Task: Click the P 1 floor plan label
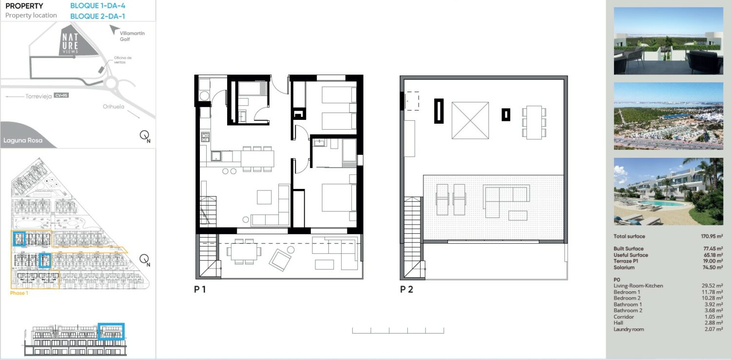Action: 200,289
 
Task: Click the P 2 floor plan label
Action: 406,289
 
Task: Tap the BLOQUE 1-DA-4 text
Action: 97,5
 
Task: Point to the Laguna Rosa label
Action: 23,140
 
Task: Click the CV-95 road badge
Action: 61,95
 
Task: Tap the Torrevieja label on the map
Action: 38,96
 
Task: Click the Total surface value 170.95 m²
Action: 712,236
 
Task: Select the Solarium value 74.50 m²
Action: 713,267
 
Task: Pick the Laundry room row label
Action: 629,329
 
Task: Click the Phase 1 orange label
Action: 19,293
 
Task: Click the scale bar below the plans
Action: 398,331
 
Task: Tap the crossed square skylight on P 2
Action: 470,120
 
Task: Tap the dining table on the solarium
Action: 534,122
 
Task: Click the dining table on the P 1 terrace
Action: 244,251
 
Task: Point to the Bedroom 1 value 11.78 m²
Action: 712,292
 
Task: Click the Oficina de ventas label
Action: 123,59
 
